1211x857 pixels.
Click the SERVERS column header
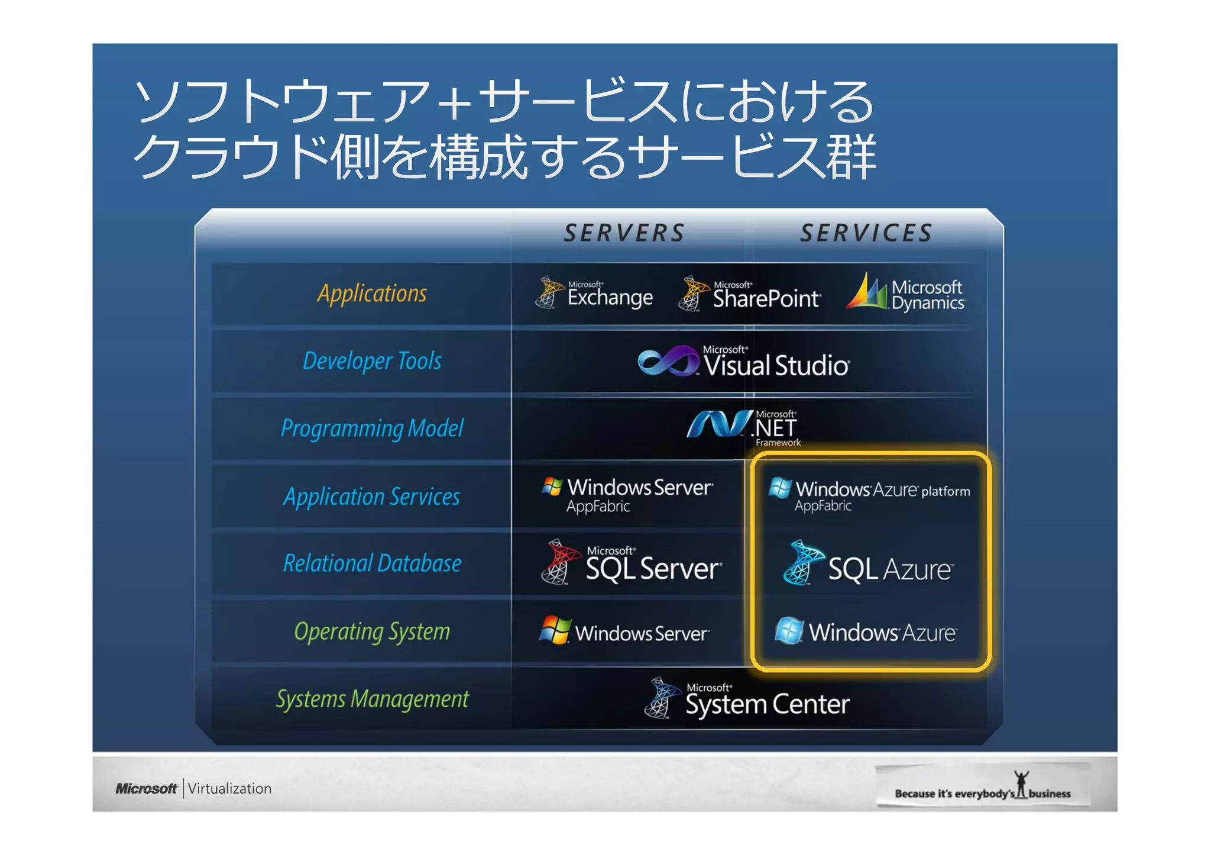[x=624, y=233]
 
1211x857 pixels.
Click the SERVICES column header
[x=866, y=233]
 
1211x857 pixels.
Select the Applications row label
[x=372, y=294]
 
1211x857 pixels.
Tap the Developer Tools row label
[x=372, y=360]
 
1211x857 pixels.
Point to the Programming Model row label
[x=372, y=428]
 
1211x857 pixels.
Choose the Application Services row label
[x=372, y=496]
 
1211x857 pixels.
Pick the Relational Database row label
[x=372, y=563]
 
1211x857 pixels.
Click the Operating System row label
[x=372, y=632]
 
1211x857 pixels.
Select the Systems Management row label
[x=372, y=699]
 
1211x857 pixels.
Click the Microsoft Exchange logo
[x=594, y=294]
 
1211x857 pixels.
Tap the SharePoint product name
[x=766, y=298]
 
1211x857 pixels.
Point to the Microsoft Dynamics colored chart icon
[x=867, y=292]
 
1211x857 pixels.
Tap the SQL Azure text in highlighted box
[x=890, y=569]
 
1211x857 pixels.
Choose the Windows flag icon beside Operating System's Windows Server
[x=555, y=630]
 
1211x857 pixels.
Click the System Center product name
[x=767, y=704]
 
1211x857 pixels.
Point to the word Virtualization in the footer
[x=229, y=788]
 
